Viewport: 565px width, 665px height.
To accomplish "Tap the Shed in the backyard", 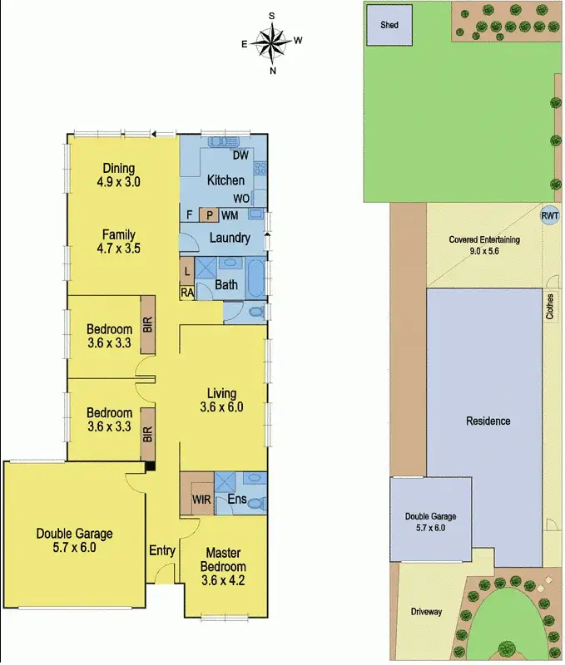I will [x=389, y=25].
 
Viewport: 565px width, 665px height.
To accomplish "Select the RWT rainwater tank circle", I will [x=550, y=214].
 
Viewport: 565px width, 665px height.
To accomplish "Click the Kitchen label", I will [x=226, y=180].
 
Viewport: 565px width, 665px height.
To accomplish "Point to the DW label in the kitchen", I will [x=241, y=156].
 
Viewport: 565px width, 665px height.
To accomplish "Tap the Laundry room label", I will [x=230, y=239].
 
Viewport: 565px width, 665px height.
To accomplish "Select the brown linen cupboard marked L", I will [x=187, y=271].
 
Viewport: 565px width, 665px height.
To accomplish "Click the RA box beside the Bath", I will [x=187, y=292].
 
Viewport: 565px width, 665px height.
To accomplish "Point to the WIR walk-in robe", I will [x=201, y=500].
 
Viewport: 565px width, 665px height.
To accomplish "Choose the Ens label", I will [x=235, y=500].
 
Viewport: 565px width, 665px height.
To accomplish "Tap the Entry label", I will [x=161, y=550].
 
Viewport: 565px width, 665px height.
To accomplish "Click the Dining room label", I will [x=119, y=166].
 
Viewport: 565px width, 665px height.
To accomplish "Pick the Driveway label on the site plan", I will [x=426, y=612].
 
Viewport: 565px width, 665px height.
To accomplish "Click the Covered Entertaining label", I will [x=483, y=240].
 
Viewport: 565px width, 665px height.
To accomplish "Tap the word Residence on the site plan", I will [x=488, y=421].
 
